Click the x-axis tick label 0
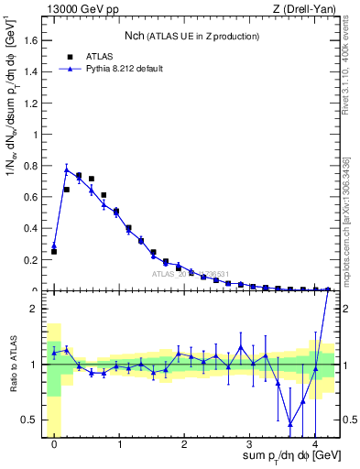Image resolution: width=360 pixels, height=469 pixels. [54, 445]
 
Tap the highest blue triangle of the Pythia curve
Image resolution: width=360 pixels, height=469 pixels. [66, 169]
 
